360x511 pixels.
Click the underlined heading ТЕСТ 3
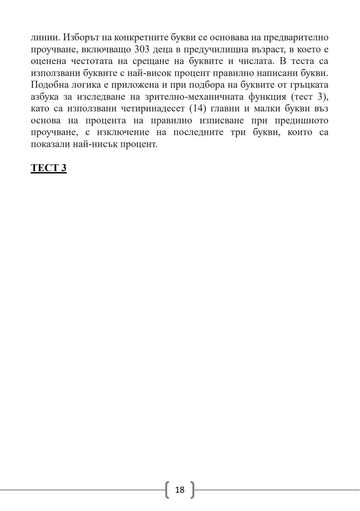click(49, 167)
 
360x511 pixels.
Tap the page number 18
click(180, 490)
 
